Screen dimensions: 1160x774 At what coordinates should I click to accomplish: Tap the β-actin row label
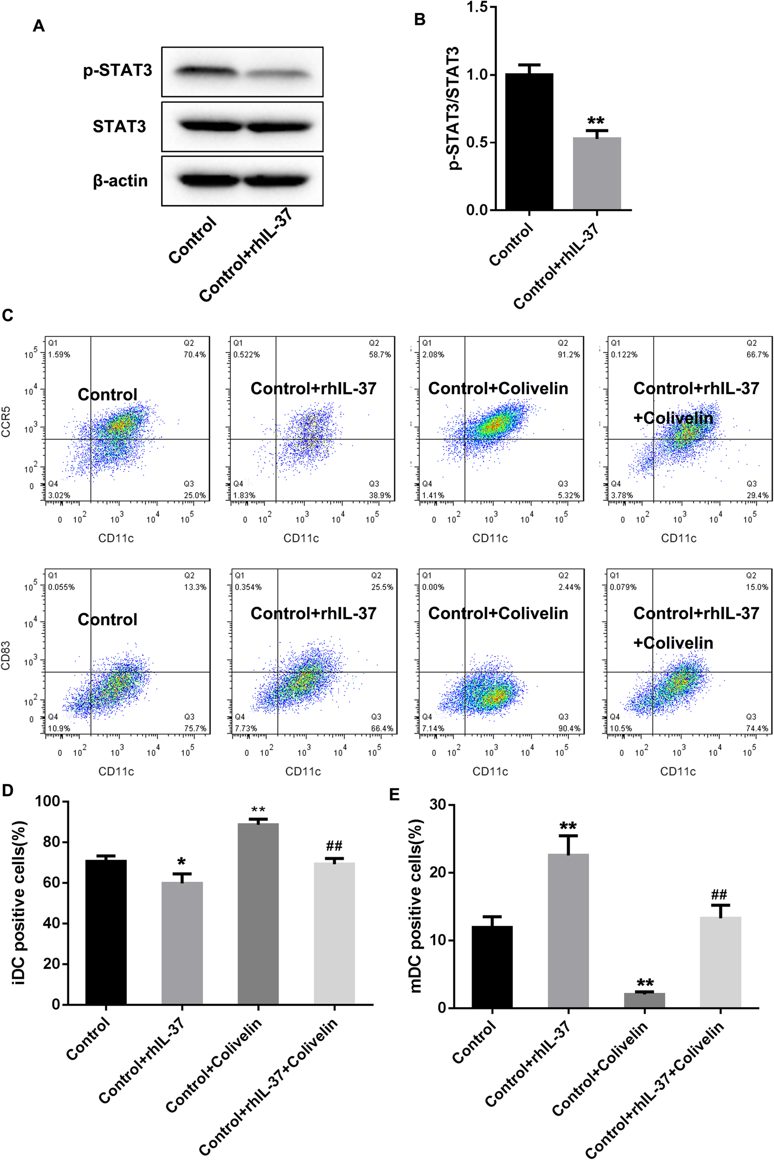(x=120, y=181)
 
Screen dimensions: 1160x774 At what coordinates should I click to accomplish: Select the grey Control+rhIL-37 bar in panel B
(x=597, y=173)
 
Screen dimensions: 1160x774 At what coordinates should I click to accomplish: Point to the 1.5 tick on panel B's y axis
(x=476, y=7)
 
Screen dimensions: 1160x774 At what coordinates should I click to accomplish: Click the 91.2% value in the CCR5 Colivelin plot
(x=569, y=354)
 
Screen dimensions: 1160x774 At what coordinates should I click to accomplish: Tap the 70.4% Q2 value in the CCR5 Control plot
(x=194, y=354)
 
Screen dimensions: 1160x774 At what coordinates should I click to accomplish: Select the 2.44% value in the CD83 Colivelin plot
(x=569, y=587)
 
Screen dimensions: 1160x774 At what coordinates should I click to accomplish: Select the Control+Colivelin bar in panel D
(x=258, y=913)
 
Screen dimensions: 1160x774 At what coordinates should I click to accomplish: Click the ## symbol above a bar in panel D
(x=334, y=845)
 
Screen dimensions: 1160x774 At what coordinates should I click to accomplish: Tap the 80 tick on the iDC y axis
(x=50, y=842)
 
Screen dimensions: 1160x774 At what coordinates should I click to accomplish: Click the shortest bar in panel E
(x=644, y=1000)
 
